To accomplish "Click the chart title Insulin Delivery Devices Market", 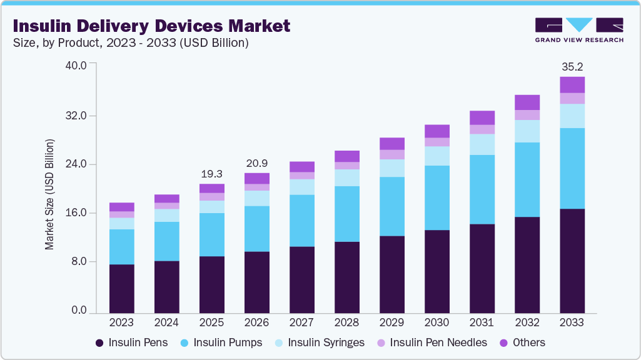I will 151,26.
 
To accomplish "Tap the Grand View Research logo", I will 578,29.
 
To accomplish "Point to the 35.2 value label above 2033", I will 572,66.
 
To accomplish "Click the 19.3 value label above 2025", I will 212,174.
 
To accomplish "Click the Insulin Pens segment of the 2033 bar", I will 572,261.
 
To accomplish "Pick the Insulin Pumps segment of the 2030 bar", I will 437,197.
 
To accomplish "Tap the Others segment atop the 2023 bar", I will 122,207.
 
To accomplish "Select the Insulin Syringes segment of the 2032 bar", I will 527,131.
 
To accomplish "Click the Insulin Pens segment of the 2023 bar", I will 122,288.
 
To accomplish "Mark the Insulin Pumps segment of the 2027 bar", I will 302,221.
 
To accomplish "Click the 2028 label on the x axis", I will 347,322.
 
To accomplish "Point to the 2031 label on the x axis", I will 482,322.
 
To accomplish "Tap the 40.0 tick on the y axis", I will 78,64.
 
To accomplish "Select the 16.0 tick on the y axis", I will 78,213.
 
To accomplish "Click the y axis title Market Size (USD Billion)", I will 49,194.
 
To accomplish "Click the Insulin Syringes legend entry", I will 320,342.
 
